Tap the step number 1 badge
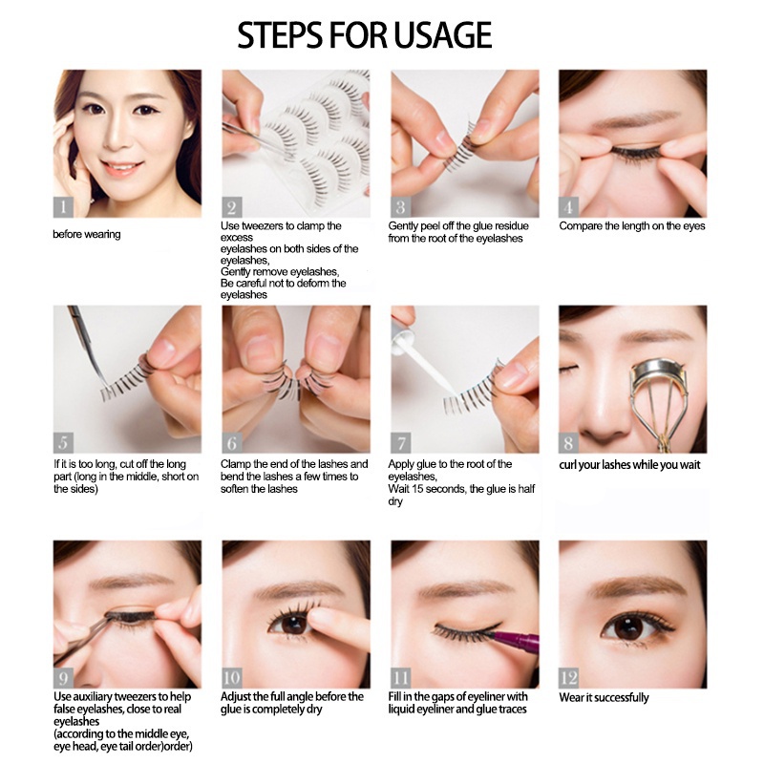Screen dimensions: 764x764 63,207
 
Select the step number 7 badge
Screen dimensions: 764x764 400,442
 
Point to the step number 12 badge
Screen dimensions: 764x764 568,678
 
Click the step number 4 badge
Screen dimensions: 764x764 568,207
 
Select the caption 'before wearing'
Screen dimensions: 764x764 87,234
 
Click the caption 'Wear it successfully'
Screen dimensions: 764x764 604,698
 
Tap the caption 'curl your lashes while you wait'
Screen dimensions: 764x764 629,465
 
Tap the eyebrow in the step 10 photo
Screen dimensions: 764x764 295,590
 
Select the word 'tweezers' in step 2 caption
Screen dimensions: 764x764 263,226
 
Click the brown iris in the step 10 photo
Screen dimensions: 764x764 294,625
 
